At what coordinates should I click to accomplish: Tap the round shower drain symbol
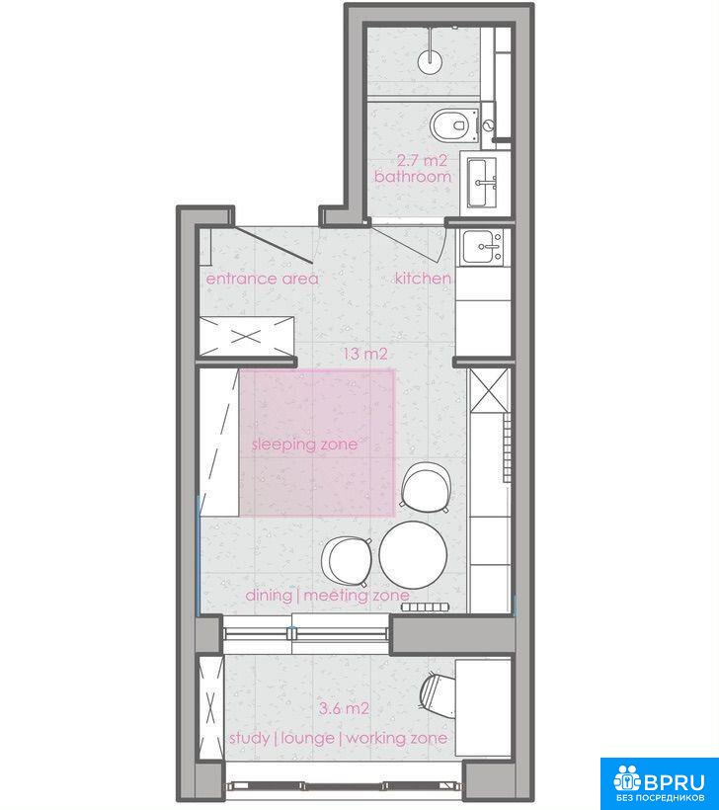coord(431,60)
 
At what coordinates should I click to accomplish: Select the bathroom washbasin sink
coord(482,183)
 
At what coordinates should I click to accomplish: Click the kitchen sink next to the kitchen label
coord(482,246)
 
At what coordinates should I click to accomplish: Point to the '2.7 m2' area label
coord(422,161)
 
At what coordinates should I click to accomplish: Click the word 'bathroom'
coord(413,177)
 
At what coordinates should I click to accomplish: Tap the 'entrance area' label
coord(263,279)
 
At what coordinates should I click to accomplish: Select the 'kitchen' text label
coord(423,279)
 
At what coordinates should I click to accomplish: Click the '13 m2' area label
coord(365,355)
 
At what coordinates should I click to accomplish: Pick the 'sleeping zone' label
coord(305,445)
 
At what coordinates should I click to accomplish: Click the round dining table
coord(413,555)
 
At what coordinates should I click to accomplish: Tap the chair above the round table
coord(426,487)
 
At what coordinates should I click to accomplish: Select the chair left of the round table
coord(347,561)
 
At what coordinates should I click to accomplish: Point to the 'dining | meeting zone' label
coord(328,596)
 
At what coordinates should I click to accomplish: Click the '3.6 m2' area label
coord(344,708)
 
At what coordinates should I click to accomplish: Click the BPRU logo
coord(659,783)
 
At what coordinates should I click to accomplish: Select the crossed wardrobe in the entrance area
coord(246,337)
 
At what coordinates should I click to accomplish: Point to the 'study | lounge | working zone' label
coord(339,738)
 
